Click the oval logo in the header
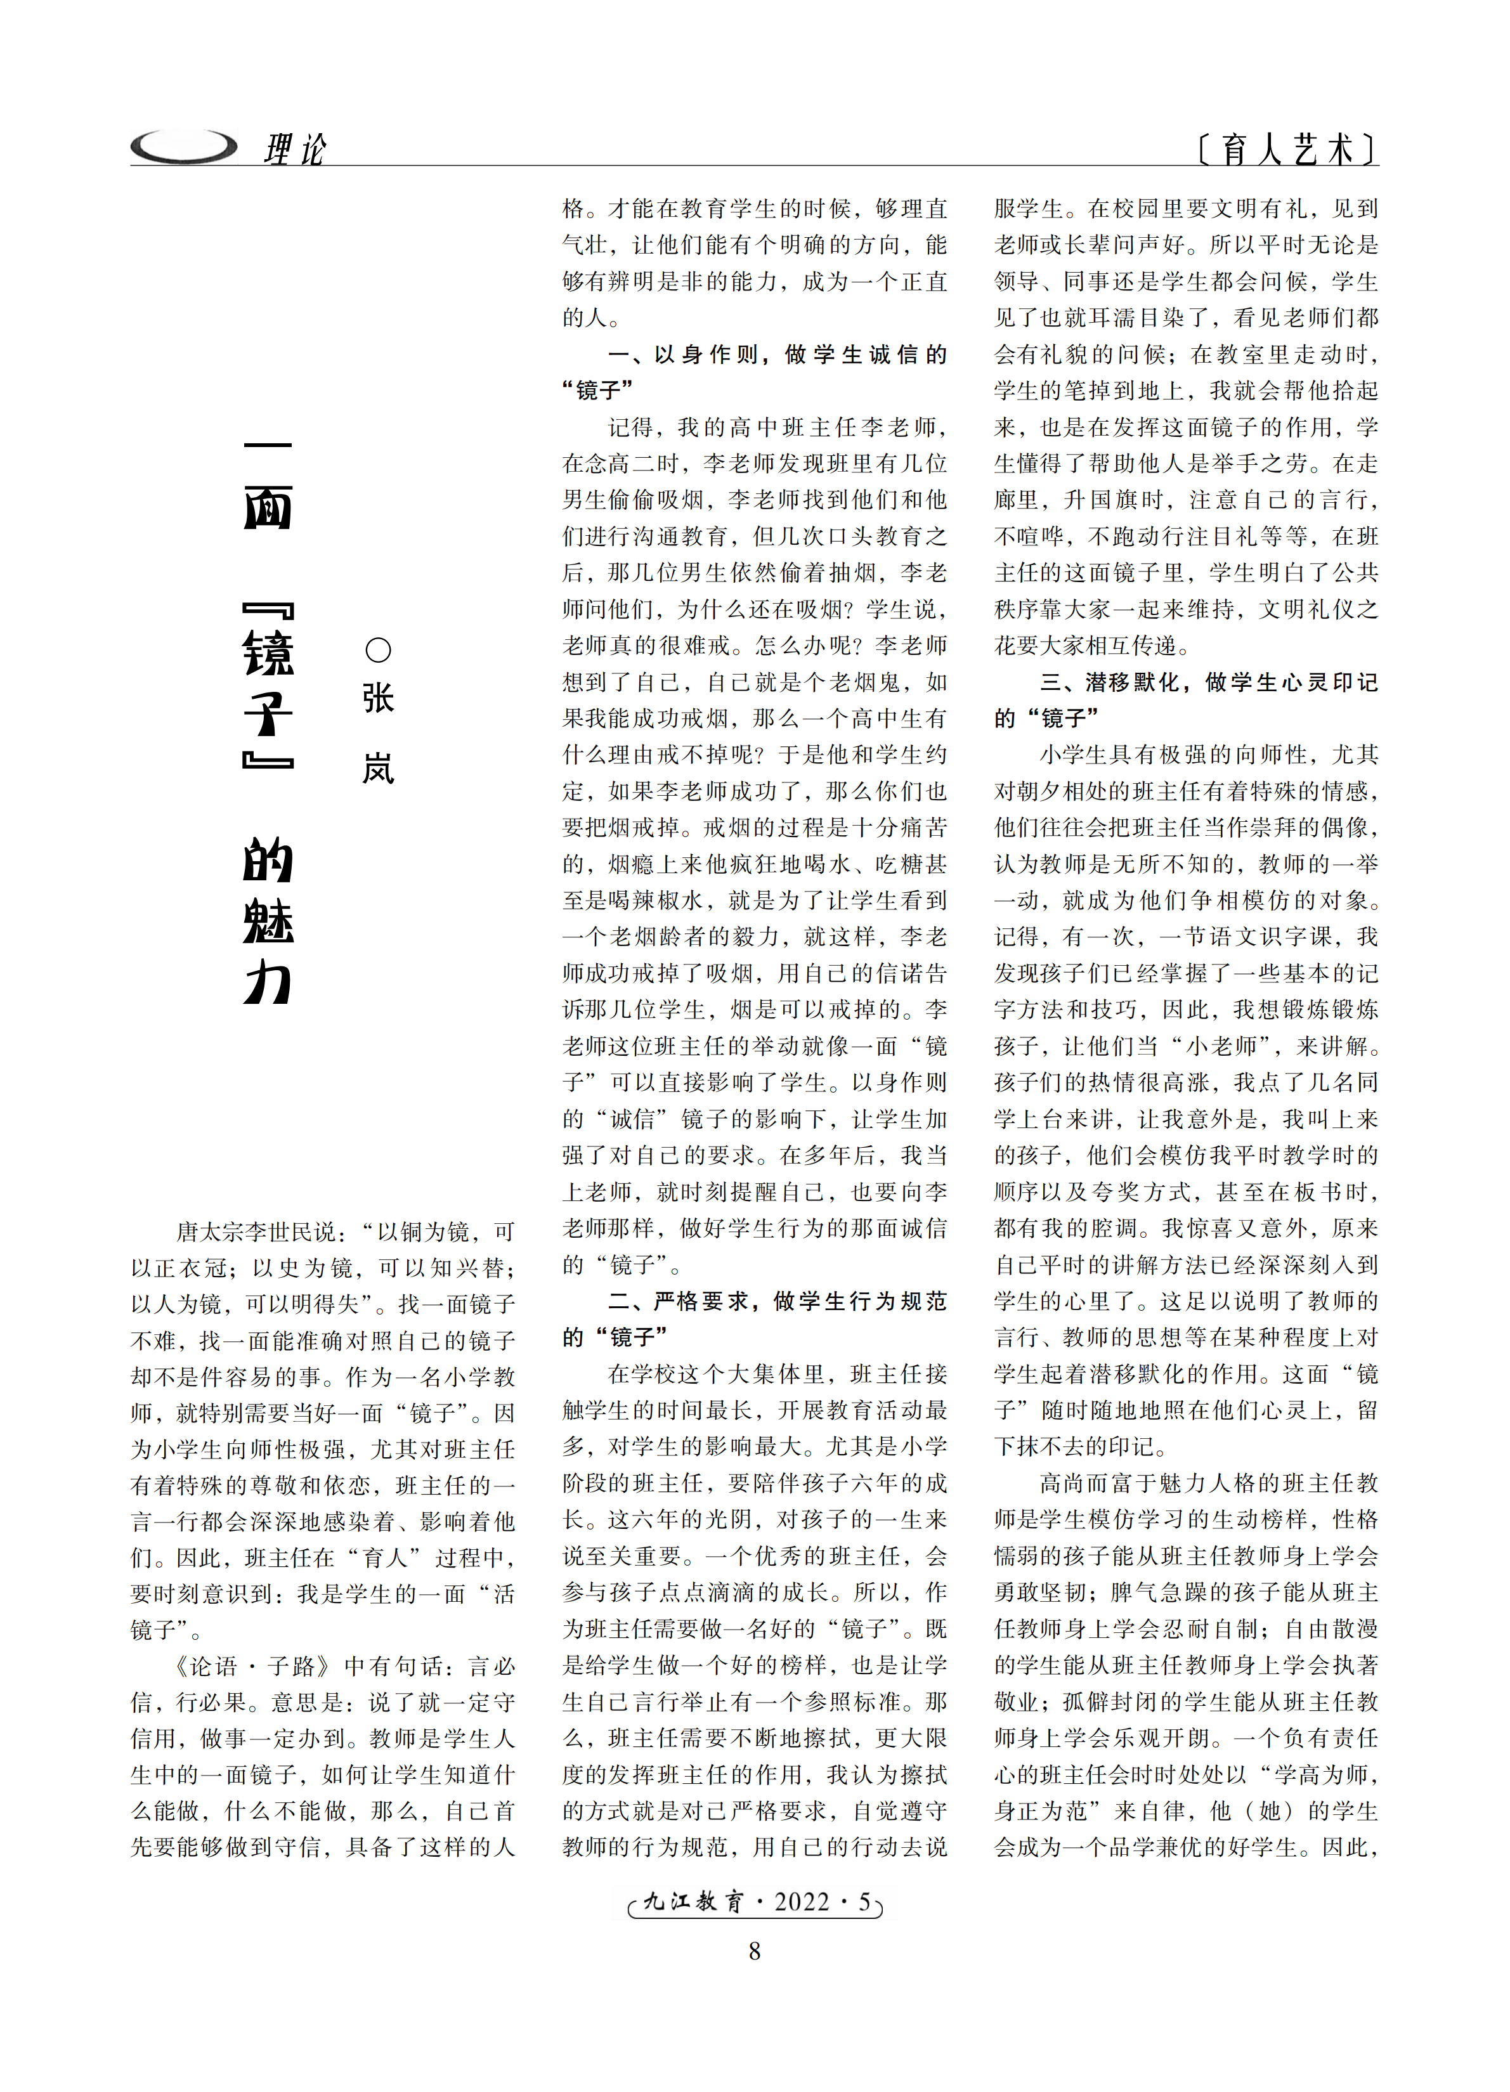point(183,146)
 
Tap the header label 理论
point(294,148)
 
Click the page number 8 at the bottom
point(755,1951)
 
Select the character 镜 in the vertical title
point(268,653)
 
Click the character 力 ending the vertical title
point(268,982)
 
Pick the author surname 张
point(378,698)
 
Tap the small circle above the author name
point(378,650)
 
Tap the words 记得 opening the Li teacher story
point(631,427)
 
